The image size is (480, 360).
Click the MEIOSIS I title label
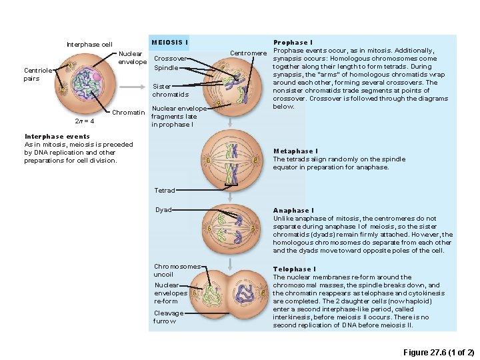tap(169, 42)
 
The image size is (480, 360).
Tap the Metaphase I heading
tap(295, 151)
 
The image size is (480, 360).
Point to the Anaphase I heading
tap(293, 210)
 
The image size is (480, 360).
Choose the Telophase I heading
tap(295, 269)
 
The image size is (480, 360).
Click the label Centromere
tap(248, 53)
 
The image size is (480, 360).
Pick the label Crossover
tap(170, 58)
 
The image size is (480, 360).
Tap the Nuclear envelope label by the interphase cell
tap(133, 57)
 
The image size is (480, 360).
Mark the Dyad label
tap(163, 209)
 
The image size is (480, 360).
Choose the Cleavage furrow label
tap(168, 317)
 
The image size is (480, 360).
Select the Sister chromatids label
tap(166, 90)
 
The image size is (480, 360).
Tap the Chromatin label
tap(128, 112)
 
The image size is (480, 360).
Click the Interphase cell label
tap(89, 45)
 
